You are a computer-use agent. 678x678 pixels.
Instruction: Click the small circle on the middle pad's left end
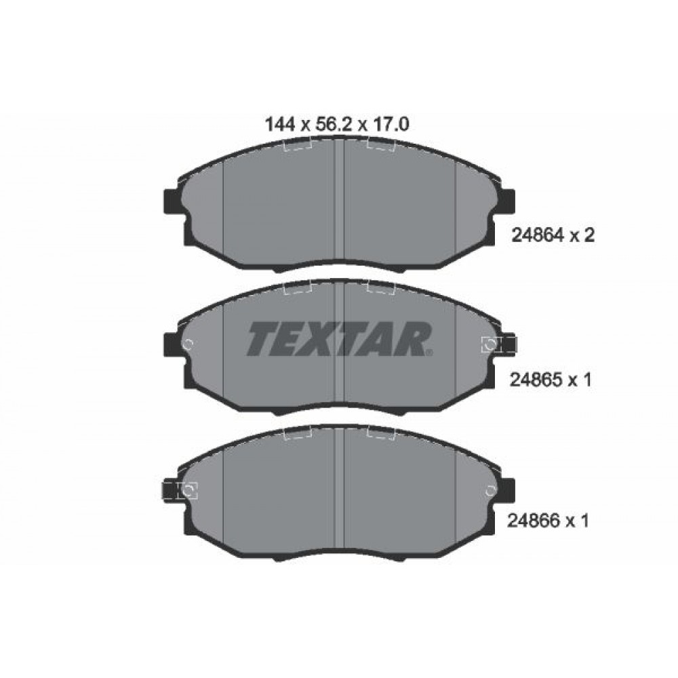click(x=188, y=344)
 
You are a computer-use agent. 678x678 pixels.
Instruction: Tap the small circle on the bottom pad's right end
click(x=490, y=489)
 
